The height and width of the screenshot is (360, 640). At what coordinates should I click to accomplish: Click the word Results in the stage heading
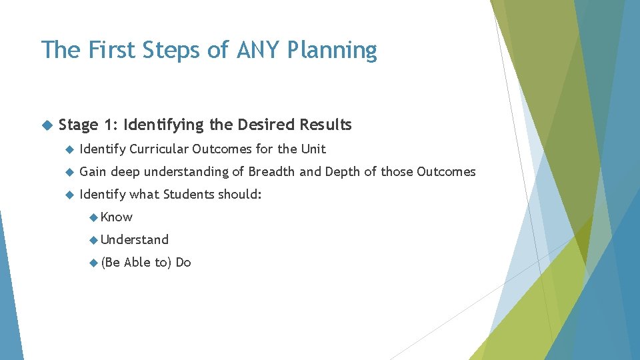(x=325, y=125)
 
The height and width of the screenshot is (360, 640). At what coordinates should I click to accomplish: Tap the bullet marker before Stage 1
(x=46, y=125)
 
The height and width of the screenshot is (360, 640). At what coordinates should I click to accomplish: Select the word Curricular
(x=159, y=149)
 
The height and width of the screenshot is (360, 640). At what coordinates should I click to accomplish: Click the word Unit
(x=313, y=149)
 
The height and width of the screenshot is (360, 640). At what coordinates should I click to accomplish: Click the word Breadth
(x=271, y=171)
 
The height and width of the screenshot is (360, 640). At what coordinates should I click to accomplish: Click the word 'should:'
(x=245, y=195)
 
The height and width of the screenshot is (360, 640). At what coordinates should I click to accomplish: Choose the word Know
(x=117, y=217)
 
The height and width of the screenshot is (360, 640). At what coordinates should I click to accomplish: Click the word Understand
(x=135, y=239)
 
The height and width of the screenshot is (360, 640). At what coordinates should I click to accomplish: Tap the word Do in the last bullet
(x=183, y=263)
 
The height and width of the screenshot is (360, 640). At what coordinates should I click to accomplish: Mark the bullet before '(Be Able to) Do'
(x=93, y=263)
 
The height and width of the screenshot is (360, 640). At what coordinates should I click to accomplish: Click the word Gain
(x=93, y=172)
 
